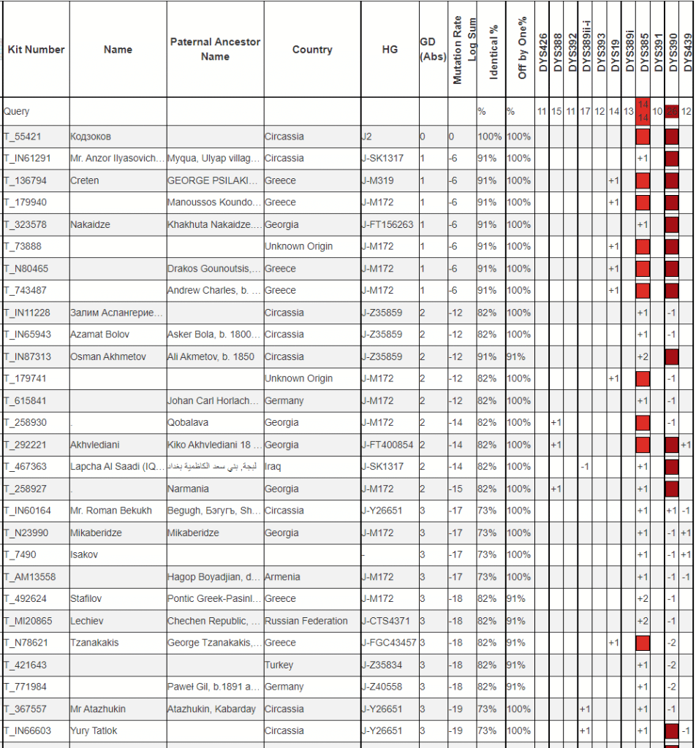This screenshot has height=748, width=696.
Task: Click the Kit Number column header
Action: point(36,50)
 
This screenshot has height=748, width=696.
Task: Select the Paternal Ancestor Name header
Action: point(215,49)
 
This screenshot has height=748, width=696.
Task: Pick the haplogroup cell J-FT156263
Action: point(388,224)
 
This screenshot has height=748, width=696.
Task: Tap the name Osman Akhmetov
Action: point(107,356)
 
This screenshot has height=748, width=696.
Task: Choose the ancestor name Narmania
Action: point(188,489)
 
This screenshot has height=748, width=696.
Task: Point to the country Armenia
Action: point(282,577)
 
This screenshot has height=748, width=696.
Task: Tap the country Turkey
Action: point(279,665)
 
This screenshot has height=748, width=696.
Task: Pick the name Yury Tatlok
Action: point(94,730)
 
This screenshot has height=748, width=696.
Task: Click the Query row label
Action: point(17,112)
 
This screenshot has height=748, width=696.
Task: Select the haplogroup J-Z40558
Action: point(384,687)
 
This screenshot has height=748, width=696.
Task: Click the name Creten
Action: point(85,180)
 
